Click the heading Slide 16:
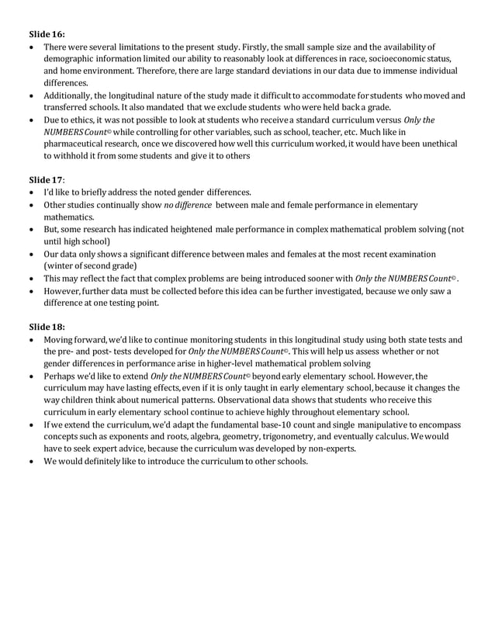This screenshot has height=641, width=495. coord(47,34)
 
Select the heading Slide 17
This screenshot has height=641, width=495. coord(47,179)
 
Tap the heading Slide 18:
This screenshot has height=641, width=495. coord(47,326)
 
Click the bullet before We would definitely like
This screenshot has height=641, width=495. coord(33,462)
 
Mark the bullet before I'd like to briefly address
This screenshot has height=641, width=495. coord(33,192)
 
